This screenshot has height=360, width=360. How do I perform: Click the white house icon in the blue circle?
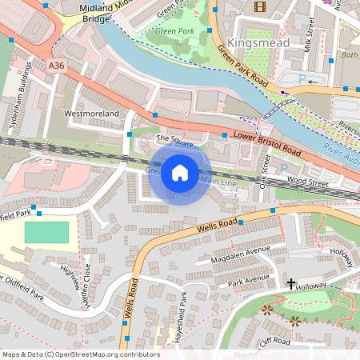point(180,172)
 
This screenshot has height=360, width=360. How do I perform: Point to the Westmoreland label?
point(91,114)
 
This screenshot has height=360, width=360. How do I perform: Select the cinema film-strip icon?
point(259,6)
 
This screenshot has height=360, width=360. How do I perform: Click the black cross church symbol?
point(291,283)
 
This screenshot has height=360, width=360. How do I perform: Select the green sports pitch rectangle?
point(46,233)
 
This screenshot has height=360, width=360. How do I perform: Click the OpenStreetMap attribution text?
point(80,354)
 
